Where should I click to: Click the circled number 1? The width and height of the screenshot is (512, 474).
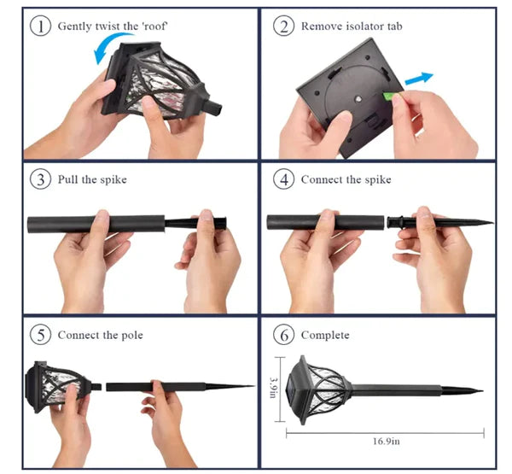(x=40, y=26)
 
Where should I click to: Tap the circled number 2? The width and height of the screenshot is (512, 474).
(x=283, y=26)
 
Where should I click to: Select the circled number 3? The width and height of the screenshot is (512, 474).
(x=40, y=179)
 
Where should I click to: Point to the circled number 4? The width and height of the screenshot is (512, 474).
(x=283, y=179)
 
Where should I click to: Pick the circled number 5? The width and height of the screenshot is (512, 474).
(x=40, y=335)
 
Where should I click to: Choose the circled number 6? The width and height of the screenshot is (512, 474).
(x=283, y=335)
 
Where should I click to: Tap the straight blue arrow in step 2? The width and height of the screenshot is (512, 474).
(x=419, y=79)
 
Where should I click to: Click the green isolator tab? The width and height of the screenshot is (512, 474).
(x=388, y=97)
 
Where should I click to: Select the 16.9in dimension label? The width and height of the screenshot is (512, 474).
(x=387, y=442)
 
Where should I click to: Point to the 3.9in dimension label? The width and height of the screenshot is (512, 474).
(x=273, y=388)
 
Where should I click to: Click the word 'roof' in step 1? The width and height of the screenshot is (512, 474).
(x=154, y=26)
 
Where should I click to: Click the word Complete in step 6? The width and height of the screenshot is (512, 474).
(x=325, y=336)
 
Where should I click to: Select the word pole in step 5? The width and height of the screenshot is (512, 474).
(x=132, y=336)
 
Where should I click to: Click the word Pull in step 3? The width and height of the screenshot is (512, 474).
(x=67, y=179)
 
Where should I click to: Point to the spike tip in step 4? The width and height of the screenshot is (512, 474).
(x=492, y=223)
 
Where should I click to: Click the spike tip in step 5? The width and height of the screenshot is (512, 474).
(x=253, y=386)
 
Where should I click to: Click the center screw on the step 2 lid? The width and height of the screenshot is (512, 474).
(x=358, y=98)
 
